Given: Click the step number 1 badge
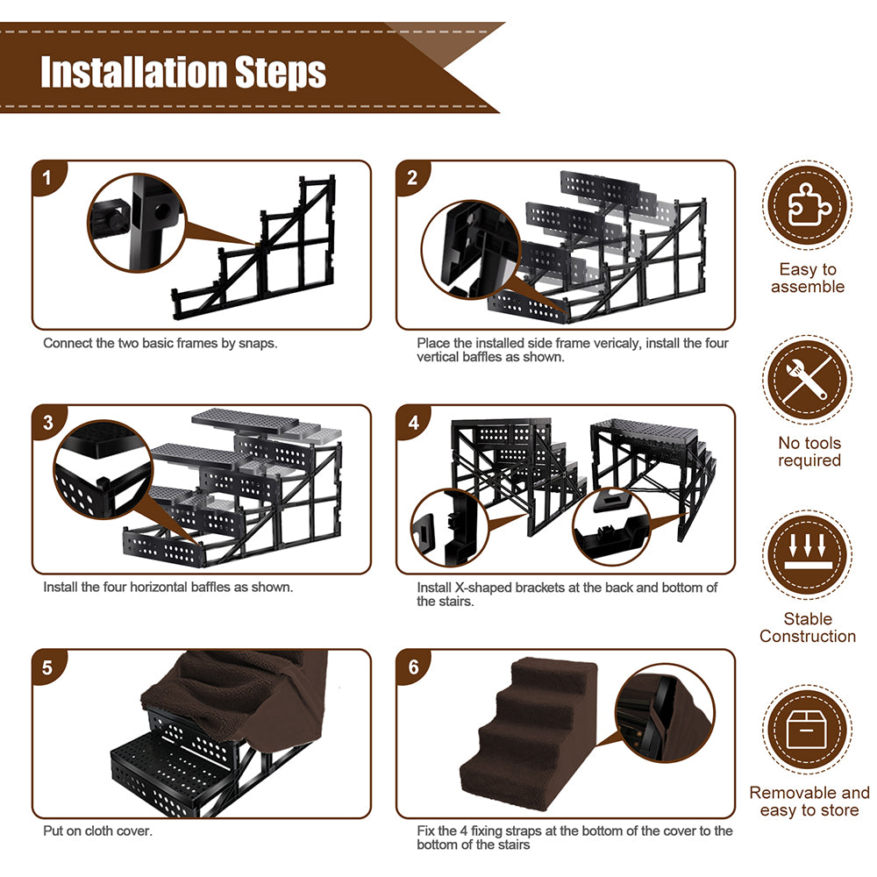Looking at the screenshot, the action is (47, 178).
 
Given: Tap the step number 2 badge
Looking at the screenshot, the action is (412, 178).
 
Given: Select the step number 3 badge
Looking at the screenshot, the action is (48, 423).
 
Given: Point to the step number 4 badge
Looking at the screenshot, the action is (413, 423).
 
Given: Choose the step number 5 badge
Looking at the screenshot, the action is (47, 667).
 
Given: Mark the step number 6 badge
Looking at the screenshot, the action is (413, 667).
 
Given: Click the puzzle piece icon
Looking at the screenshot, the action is (807, 204).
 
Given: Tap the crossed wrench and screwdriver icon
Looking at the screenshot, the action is (807, 379).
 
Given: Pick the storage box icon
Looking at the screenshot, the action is (807, 730).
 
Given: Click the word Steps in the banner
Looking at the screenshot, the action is (281, 74).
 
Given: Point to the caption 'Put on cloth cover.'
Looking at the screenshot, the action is (97, 831).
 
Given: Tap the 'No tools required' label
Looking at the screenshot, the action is (809, 452).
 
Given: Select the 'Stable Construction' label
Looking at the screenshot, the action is (808, 627).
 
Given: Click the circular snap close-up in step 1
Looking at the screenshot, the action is (138, 222).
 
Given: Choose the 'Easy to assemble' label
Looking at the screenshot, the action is (808, 277).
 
